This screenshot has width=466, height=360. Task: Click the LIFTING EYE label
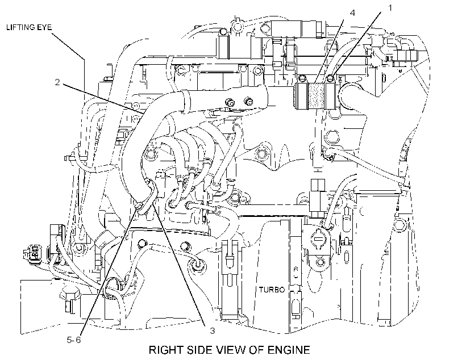[29, 28]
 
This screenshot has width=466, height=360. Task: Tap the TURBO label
[272, 290]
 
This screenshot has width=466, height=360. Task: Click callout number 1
[390, 8]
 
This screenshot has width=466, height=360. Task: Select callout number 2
[57, 82]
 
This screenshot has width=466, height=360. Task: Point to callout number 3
[212, 330]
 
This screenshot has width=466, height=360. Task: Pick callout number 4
[352, 12]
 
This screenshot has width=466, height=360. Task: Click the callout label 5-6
[74, 340]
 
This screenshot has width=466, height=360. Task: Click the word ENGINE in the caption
[289, 350]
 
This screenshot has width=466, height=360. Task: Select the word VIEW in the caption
[231, 350]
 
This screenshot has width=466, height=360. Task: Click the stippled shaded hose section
[317, 95]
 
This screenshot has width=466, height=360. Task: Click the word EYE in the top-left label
[44, 28]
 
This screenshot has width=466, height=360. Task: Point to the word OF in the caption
[257, 350]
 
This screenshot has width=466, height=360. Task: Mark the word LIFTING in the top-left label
[20, 28]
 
